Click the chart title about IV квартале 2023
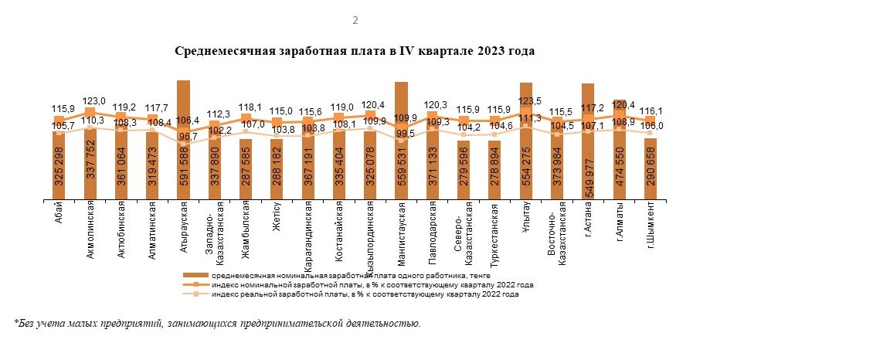[x=355, y=51]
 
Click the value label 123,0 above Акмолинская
[x=95, y=100]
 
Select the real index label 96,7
[x=189, y=137]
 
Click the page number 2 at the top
[x=355, y=20]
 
